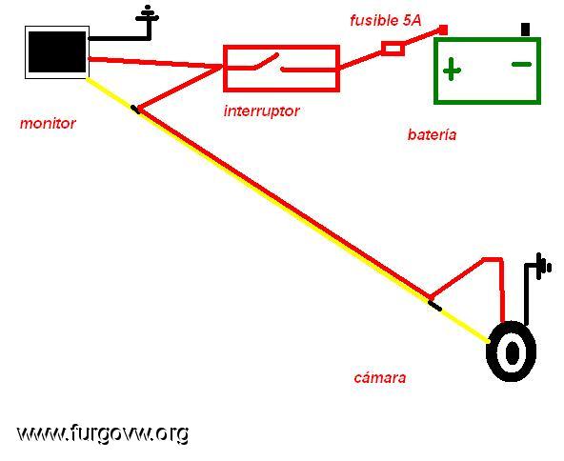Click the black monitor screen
tap(57, 52)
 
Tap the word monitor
tap(48, 123)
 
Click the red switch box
tap(281, 69)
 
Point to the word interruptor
tap(261, 110)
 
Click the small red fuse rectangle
tap(393, 49)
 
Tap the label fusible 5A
tap(386, 21)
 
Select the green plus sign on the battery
tap(452, 70)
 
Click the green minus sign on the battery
tap(521, 65)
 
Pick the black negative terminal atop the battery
tap(526, 30)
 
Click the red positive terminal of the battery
tap(444, 30)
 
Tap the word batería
tap(432, 135)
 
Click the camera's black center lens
tap(513, 352)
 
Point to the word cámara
tap(380, 377)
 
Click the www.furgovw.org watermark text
tap(103, 433)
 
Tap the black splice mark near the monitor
tap(135, 110)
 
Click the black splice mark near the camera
tap(434, 306)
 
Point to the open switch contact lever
tap(266, 61)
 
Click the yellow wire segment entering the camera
tap(463, 323)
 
